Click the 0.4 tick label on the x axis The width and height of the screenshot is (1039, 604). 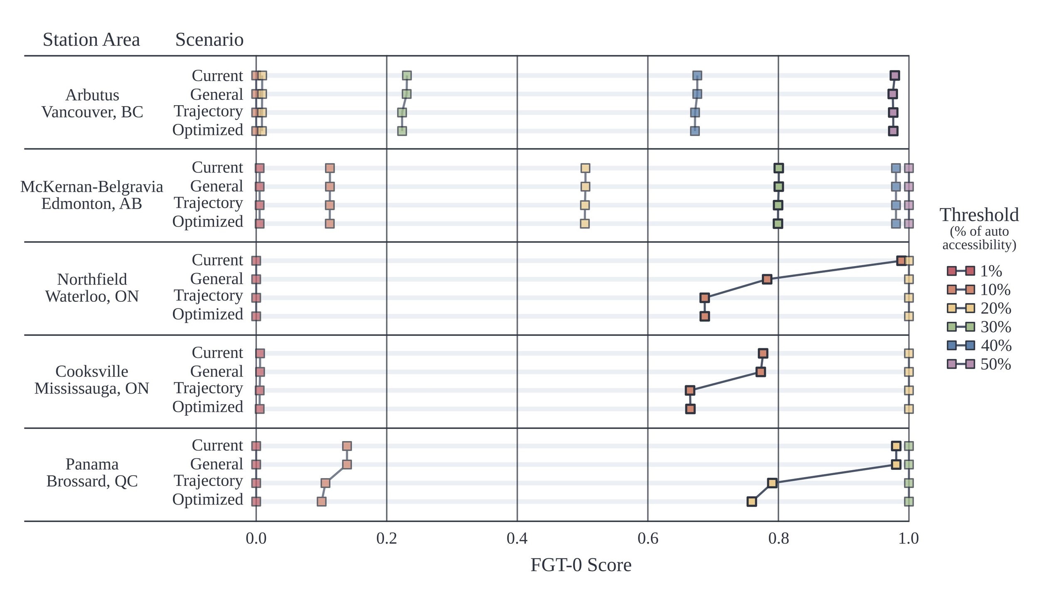[x=517, y=539]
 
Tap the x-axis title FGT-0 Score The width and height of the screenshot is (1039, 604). [x=581, y=565]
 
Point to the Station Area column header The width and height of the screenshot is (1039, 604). [x=91, y=40]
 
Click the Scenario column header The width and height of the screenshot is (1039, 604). [x=209, y=40]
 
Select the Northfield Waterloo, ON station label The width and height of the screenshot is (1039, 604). [x=92, y=288]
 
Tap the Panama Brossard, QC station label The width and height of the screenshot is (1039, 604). [x=92, y=473]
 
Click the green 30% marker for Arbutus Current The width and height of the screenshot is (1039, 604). [x=407, y=76]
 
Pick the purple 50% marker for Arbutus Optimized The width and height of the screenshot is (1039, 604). [x=893, y=131]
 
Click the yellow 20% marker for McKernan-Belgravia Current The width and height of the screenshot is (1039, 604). [x=585, y=168]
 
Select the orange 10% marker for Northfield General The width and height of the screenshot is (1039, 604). [x=767, y=279]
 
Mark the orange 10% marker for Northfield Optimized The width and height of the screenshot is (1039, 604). [x=704, y=317]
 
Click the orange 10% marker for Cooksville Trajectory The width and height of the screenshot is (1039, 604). [x=690, y=391]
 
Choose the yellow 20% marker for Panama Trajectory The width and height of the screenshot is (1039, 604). [x=772, y=483]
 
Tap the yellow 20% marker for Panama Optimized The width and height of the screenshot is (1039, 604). [x=751, y=502]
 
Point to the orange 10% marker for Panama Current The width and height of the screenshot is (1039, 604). [x=347, y=446]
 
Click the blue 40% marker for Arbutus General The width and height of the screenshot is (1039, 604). [x=697, y=94]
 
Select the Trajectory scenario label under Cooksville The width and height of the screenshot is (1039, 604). [x=208, y=388]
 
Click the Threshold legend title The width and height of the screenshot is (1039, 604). [x=979, y=215]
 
